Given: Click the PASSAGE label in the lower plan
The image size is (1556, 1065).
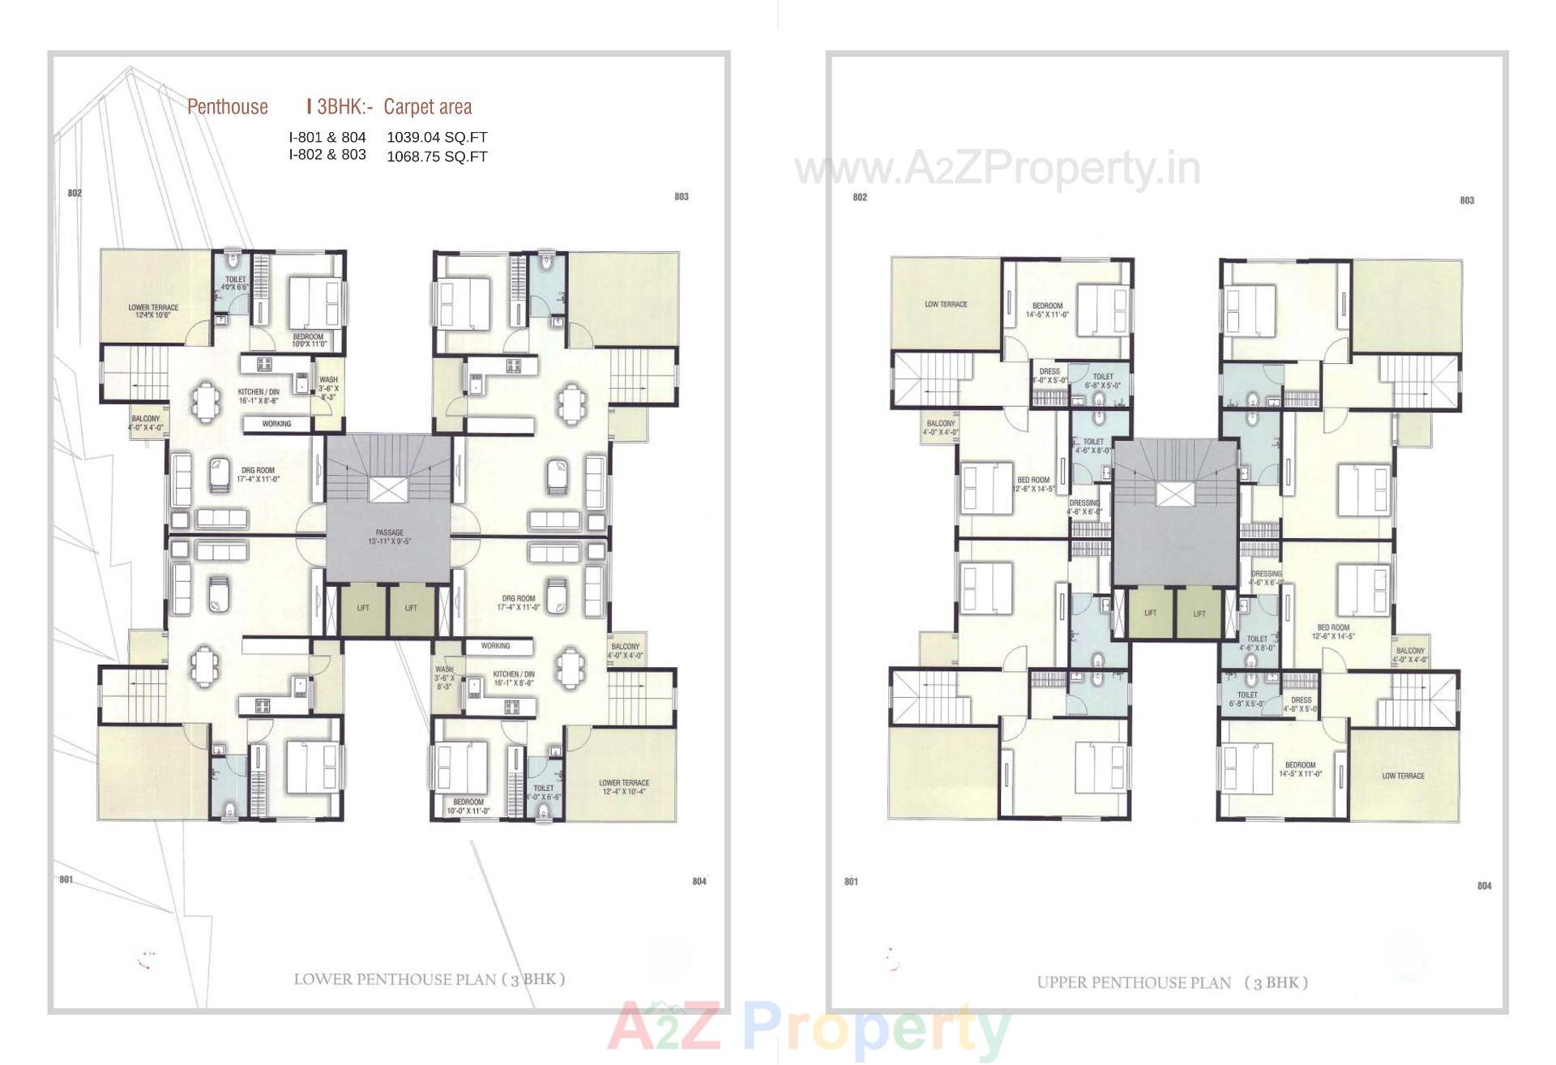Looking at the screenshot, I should pos(390,537).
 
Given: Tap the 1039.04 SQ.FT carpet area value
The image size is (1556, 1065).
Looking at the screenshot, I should pos(437,138).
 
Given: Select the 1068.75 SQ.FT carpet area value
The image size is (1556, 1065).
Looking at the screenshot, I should pos(437,156).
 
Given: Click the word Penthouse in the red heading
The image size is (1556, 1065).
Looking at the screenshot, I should pos(227,107).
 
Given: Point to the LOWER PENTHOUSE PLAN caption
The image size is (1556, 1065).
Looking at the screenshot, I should pos(429,979).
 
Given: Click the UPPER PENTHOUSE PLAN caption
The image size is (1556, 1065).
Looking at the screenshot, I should pos(1172,982).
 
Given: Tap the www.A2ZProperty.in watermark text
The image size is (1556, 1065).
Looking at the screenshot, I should pos(998,169).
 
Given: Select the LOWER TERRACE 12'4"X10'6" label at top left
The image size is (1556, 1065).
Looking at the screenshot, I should pos(153,311).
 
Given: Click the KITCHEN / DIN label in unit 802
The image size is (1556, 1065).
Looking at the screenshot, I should pos(259,396).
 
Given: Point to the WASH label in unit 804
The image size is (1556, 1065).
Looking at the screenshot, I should pos(445,678).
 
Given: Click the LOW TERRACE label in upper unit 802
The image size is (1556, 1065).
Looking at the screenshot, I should pos(946,305).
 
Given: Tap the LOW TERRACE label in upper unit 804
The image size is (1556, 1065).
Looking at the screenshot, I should pos(1403,776).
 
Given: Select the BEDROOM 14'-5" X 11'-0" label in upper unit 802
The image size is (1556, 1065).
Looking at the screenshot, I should pos(1047,310).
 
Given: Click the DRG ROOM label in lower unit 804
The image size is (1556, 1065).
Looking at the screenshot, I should pos(518,602).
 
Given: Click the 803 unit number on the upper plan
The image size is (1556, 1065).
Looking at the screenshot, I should pos(1467,200).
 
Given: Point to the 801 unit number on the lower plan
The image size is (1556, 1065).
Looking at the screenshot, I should pos(66,879).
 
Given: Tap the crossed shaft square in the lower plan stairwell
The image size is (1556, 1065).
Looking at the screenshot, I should pos(389,490).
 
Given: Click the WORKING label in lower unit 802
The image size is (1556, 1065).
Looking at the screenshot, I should pos(276,424).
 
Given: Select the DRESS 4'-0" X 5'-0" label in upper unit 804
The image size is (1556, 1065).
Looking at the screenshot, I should pos(1301,704).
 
